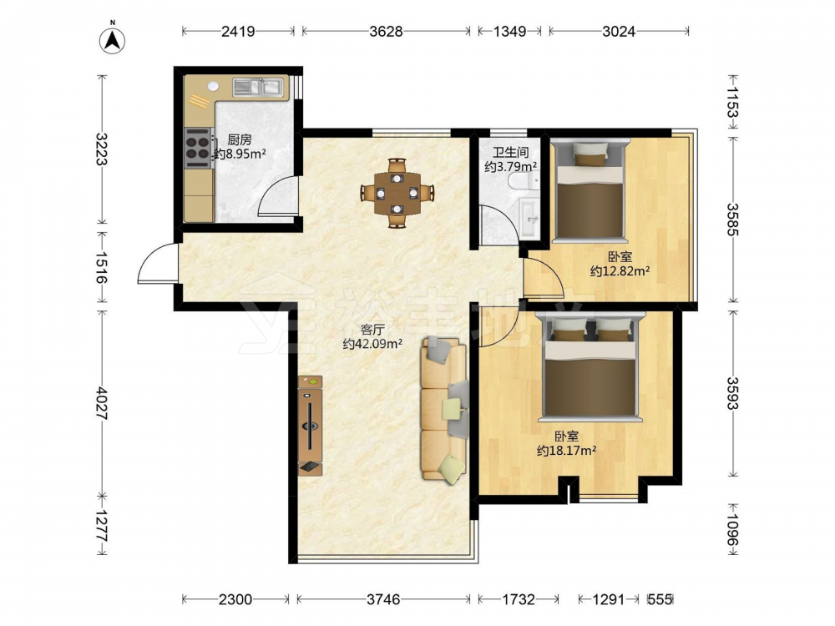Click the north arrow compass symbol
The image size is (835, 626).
click(x=113, y=40)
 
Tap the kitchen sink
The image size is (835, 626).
click(x=258, y=87)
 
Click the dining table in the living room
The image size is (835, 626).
click(x=397, y=194)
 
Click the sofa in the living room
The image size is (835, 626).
click(x=445, y=409)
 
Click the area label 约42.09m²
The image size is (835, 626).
click(x=372, y=344)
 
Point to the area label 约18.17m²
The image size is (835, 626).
click(x=566, y=451)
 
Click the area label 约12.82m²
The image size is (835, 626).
click(x=620, y=271)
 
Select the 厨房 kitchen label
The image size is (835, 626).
click(x=239, y=140)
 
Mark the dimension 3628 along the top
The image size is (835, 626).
click(x=386, y=32)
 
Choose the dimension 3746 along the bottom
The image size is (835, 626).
click(x=383, y=599)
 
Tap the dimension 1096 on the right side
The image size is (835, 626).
click(x=733, y=529)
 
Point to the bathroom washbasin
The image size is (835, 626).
click(x=529, y=218)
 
